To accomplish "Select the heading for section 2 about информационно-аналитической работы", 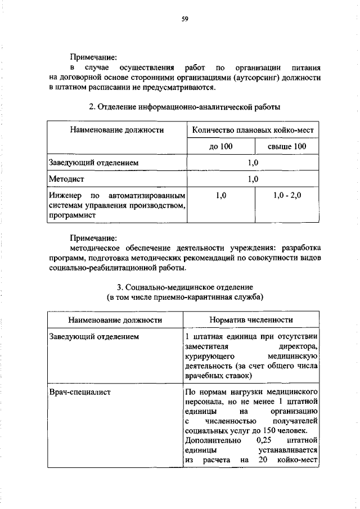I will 184,106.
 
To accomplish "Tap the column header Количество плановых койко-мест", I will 253,130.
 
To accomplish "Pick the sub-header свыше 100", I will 287,147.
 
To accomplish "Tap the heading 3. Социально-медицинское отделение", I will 184,286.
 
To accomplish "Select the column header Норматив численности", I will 251,320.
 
